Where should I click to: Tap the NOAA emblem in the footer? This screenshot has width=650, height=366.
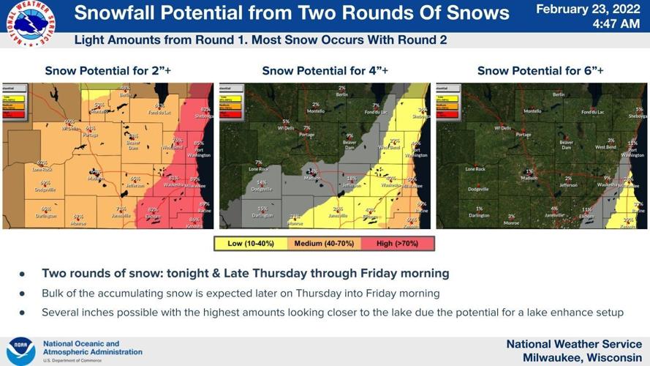pos(20,351)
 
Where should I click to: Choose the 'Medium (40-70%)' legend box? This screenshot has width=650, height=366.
pos(325,243)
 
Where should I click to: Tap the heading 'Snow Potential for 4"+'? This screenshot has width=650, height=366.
pos(325,71)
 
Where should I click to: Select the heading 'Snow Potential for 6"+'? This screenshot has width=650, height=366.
pos(540,71)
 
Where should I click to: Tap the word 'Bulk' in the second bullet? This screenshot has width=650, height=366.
pos(53,294)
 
